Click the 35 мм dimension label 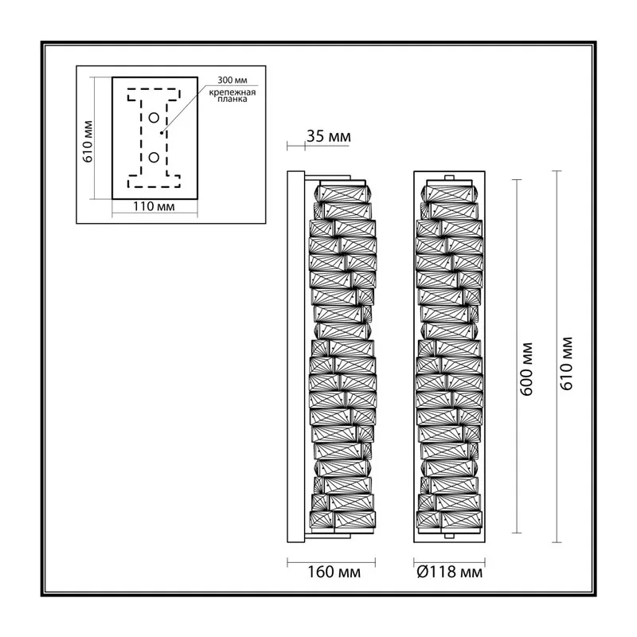coord(329,136)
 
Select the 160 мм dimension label coord(334,572)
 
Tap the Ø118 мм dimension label coord(450,572)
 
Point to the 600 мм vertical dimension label coord(526,369)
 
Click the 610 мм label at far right coord(566,364)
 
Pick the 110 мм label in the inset coord(154,206)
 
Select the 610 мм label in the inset coord(88,142)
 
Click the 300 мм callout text coord(233,80)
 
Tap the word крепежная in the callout coord(233,92)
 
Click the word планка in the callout coord(232,99)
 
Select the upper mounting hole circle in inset coord(154,118)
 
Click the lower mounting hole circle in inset coord(154,157)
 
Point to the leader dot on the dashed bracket coord(162,132)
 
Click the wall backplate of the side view coord(295,357)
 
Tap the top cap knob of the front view coord(449,178)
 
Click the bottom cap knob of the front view coord(449,536)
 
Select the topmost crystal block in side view coord(343,193)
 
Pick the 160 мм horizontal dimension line coord(331,563)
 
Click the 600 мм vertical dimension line coord(517,356)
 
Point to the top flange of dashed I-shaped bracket coord(154,94)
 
